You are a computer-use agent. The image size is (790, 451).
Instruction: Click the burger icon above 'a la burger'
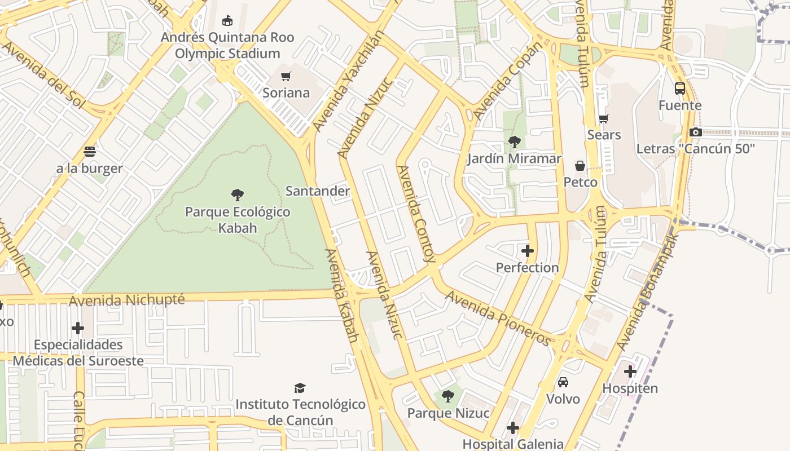[89, 152]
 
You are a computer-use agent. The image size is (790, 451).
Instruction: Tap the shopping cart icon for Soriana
[286, 76]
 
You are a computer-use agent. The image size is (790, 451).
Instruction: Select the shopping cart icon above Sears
[603, 118]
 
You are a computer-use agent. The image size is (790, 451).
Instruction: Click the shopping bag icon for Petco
[580, 166]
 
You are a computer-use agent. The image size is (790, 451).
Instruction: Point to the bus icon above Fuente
[680, 89]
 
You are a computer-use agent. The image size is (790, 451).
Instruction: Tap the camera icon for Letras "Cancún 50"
[695, 132]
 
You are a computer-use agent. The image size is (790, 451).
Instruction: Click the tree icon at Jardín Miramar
[514, 142]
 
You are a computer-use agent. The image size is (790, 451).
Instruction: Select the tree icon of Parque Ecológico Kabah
[238, 195]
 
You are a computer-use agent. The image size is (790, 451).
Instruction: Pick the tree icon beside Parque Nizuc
[448, 396]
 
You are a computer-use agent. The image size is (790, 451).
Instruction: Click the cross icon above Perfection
[528, 251]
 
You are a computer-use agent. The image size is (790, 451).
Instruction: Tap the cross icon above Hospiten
[630, 372]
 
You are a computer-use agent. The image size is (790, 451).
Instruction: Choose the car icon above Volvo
[563, 382]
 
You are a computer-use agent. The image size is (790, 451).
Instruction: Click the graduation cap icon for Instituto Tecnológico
[300, 388]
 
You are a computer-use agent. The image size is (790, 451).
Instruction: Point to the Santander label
[318, 191]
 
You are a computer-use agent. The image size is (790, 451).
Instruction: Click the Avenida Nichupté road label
[126, 300]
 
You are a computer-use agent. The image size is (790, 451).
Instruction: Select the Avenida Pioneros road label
[497, 318]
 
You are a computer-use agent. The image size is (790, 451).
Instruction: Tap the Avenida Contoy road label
[416, 214]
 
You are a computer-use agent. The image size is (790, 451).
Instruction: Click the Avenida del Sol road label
[43, 74]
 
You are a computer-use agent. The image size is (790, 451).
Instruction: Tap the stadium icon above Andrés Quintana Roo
[227, 21]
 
